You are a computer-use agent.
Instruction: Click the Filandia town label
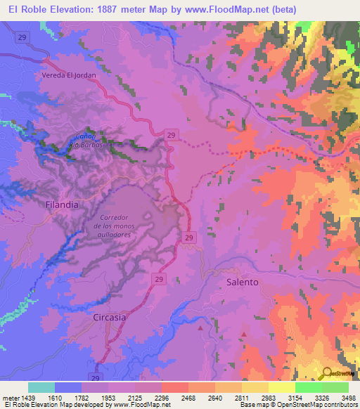61,204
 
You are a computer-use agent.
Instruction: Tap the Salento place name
243,281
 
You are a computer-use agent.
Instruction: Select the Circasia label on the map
110,317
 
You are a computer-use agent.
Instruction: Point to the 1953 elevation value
107,397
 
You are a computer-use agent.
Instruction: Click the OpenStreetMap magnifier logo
327,374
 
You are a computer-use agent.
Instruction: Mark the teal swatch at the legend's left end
41,387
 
